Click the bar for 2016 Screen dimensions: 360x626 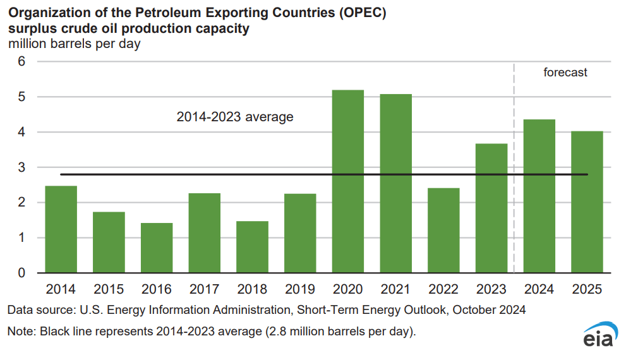coord(157,248)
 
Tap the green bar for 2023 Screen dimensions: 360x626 coord(491,208)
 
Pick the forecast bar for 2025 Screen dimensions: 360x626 coord(587,202)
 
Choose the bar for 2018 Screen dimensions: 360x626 coord(252,247)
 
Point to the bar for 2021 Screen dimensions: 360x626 coord(395,184)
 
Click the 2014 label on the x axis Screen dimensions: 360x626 coord(61,289)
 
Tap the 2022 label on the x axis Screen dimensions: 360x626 coord(443,289)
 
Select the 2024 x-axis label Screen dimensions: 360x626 coord(539,289)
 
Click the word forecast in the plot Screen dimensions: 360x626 coord(565,73)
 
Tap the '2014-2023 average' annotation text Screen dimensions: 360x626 coord(235,117)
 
